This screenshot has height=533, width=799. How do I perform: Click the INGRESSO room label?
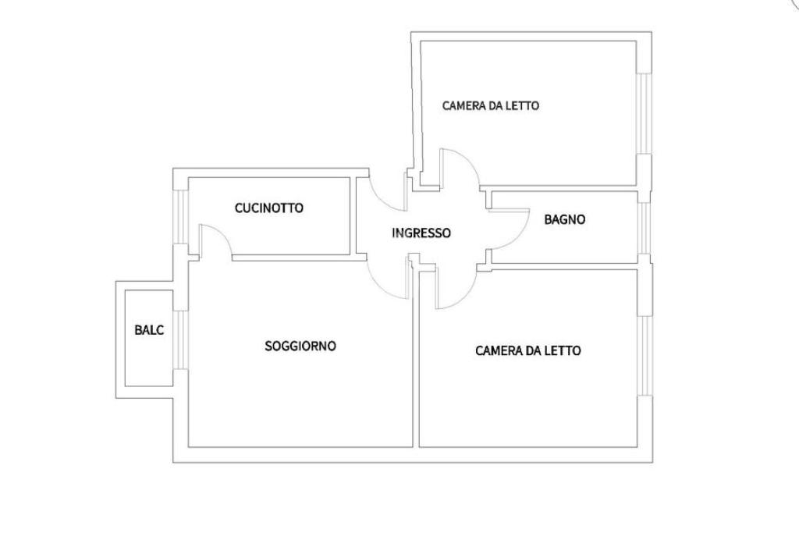421,233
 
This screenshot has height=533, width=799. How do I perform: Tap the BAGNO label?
564,220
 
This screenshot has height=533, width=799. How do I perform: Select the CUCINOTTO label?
268,208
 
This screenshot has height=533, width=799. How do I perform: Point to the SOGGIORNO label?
300,346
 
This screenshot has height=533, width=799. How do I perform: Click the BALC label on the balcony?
149,330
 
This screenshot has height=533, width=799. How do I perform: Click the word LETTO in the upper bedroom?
520,105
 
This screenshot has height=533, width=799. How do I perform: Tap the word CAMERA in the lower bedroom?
497,351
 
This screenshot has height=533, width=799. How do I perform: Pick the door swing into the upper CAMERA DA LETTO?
462,168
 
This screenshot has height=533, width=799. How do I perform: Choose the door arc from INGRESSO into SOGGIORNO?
388,281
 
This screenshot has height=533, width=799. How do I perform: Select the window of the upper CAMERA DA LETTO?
645,113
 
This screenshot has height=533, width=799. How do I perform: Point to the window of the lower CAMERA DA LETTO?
645,355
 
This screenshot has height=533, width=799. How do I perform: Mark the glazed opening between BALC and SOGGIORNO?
180,339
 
